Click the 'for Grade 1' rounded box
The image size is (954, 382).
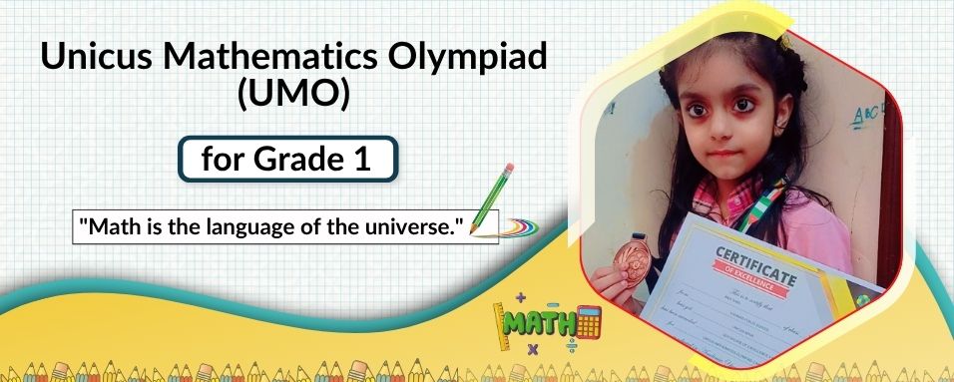(x=287, y=160)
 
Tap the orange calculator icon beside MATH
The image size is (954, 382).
(x=588, y=321)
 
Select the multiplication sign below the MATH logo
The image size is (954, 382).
(x=532, y=348)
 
